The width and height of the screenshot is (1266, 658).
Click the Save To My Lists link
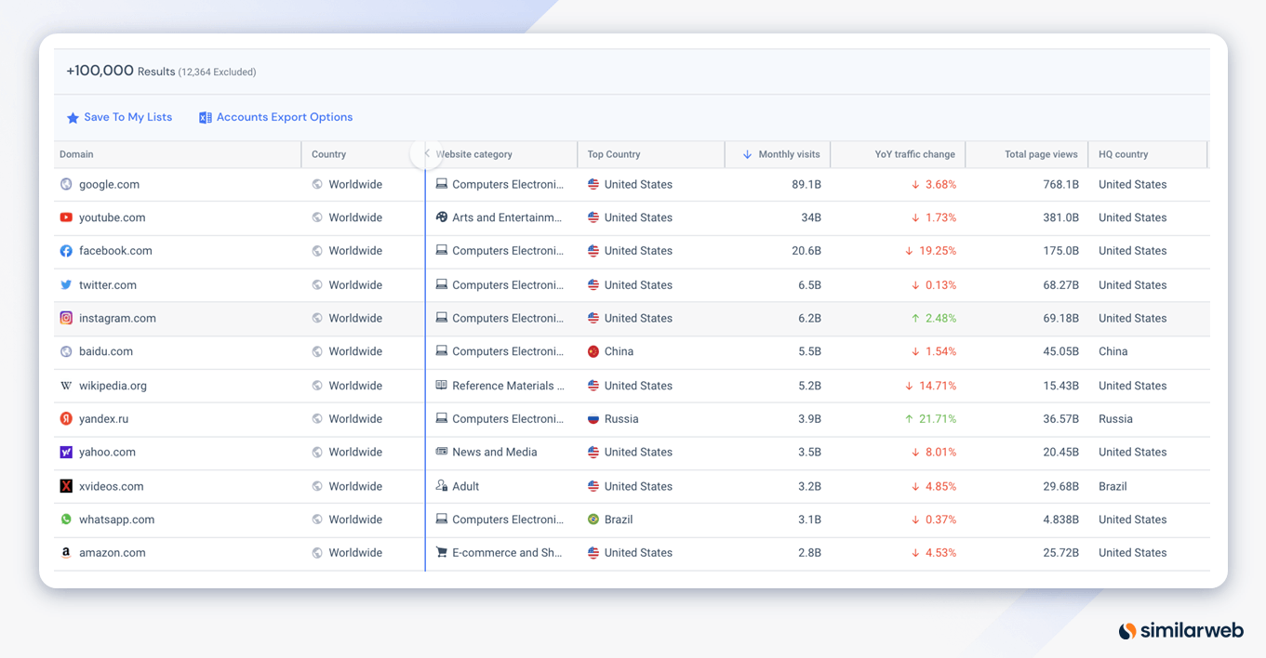pos(127,117)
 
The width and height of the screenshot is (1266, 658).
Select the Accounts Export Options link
pos(284,117)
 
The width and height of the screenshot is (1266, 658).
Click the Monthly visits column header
pos(788,154)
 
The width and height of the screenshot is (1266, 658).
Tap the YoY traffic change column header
pos(914,154)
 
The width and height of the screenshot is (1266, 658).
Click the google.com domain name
pos(109,184)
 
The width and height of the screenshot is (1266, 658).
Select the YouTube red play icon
pos(66,217)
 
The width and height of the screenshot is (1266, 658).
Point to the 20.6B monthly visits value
pos(806,251)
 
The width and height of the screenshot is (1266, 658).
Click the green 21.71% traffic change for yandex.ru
pos(937,419)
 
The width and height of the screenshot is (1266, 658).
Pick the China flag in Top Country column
pos(593,351)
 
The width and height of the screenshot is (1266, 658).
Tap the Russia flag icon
pos(593,419)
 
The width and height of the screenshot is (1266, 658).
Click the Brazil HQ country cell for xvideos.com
pos(1113,486)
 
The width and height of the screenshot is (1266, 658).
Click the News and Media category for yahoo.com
pos(494,453)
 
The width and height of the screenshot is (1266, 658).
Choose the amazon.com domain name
pos(112,553)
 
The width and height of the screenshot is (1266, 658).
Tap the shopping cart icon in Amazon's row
pos(442,552)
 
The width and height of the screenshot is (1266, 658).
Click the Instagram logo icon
pos(66,318)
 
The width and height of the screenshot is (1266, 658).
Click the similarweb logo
pos(1180,631)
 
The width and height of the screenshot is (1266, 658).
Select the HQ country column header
pos(1123,154)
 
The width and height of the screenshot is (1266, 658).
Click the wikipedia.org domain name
pos(113,386)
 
